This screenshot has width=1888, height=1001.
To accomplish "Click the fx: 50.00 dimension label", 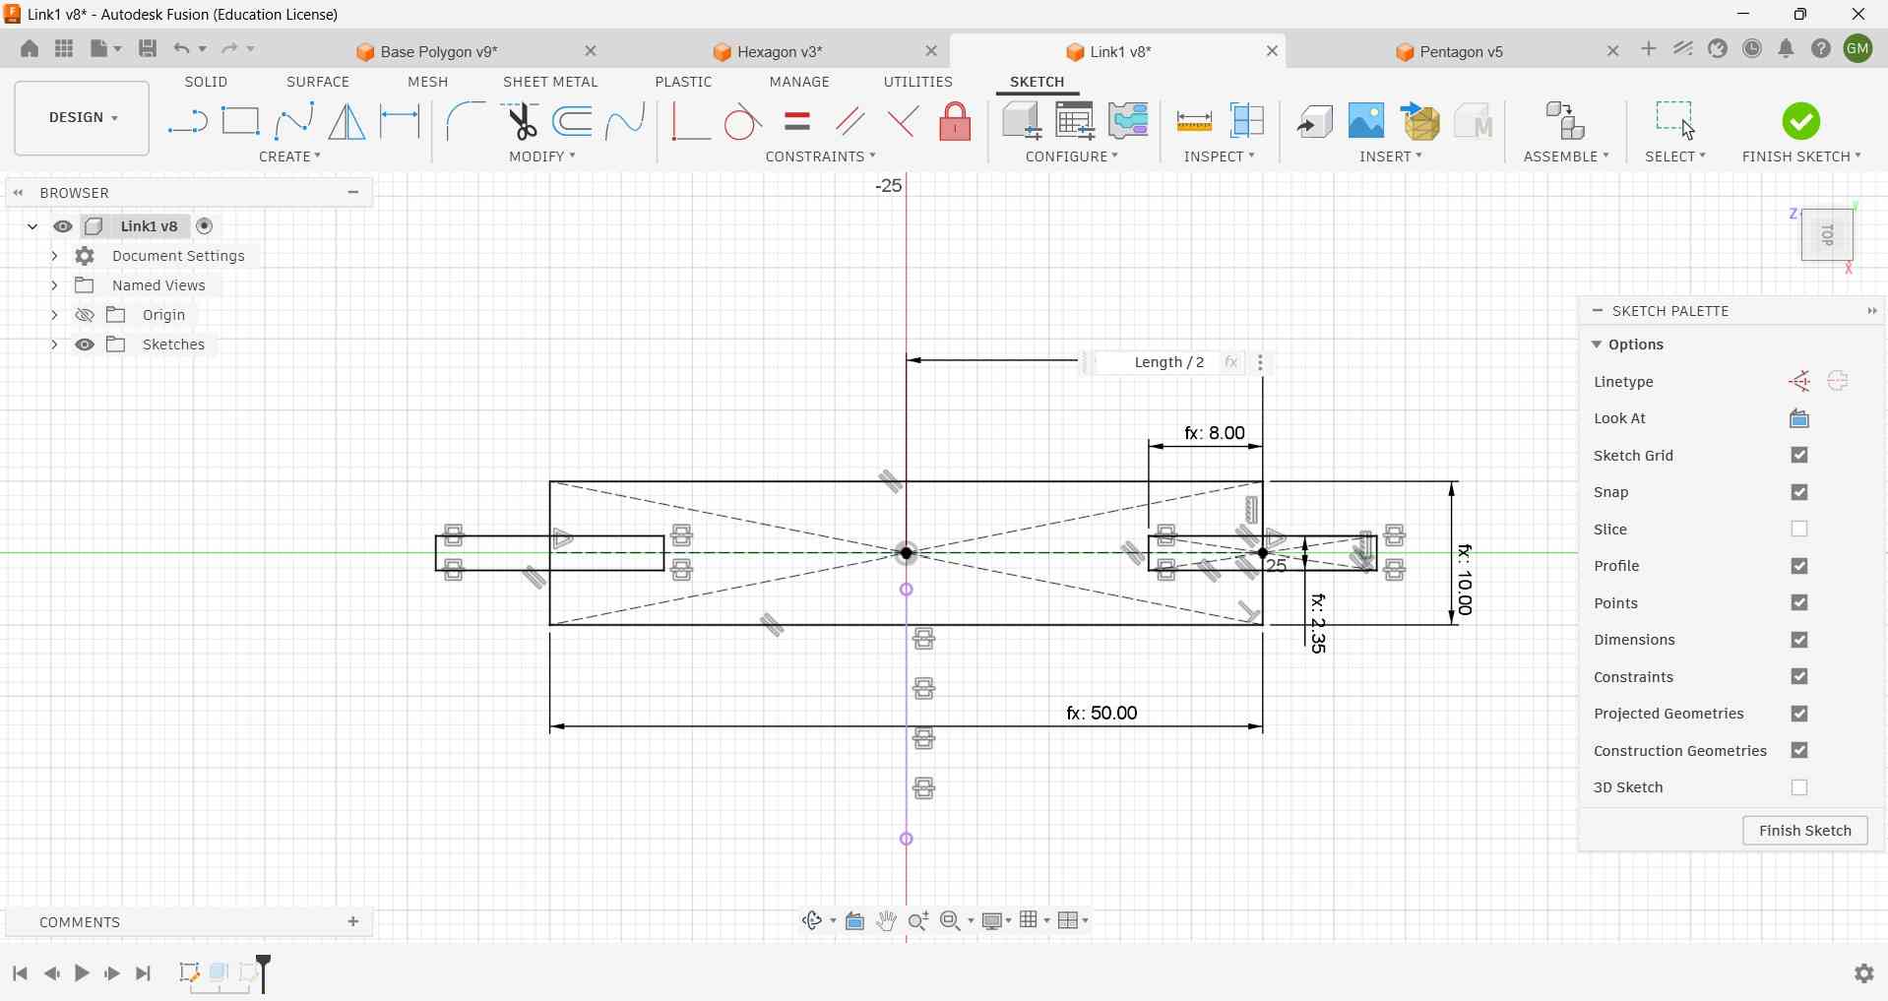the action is (x=1102, y=714).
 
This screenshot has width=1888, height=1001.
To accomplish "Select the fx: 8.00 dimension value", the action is (x=1215, y=433).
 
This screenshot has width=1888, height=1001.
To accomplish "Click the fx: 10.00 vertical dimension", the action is (x=1466, y=580).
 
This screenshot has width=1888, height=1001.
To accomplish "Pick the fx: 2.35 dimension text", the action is (x=1319, y=624).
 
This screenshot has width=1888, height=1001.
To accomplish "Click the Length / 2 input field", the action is (x=1168, y=363).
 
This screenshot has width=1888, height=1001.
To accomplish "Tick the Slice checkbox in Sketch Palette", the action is (x=1800, y=530).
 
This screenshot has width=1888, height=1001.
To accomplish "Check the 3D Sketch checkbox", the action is (x=1800, y=788).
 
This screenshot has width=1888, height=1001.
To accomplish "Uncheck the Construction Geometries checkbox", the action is (x=1800, y=752).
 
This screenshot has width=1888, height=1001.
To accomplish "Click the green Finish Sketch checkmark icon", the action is (x=1801, y=121).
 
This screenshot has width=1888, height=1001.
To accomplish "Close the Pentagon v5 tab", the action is (x=1613, y=51).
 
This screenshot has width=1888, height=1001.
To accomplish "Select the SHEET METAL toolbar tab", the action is (x=550, y=83).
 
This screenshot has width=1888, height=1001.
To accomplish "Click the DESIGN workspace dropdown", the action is (x=82, y=118).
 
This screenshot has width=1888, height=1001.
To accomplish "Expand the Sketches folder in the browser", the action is (x=53, y=345).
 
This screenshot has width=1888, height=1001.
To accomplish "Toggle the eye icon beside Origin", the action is (x=86, y=316).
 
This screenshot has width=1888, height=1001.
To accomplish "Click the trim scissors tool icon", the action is (x=522, y=121).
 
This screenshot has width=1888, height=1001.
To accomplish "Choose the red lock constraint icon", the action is (x=956, y=122).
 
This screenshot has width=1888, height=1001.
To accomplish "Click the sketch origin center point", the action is (x=908, y=554).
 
